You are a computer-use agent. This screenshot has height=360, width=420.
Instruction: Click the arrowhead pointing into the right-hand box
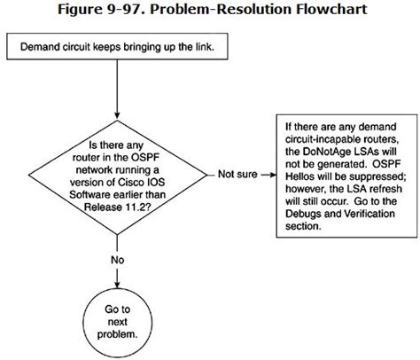268,174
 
